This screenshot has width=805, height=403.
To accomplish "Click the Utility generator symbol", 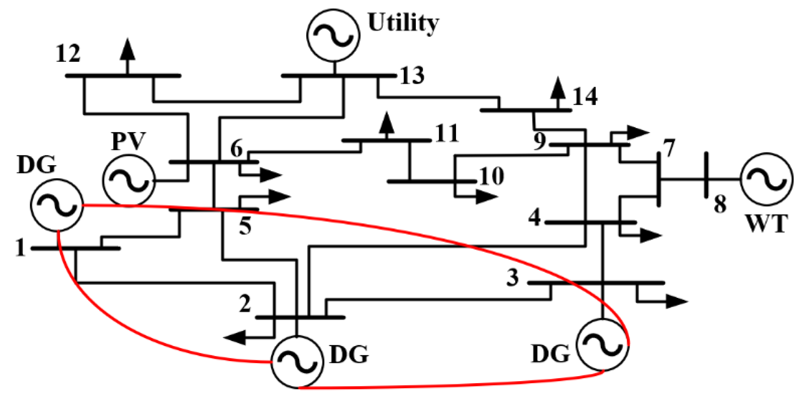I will pyautogui.click(x=333, y=35).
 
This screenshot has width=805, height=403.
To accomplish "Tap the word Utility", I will pyautogui.click(x=403, y=23).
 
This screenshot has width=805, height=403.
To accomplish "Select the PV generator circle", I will pyautogui.click(x=128, y=180).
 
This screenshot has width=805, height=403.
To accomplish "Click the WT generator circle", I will pyautogui.click(x=766, y=179).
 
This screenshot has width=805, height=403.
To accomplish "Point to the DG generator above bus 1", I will pyautogui.click(x=57, y=205).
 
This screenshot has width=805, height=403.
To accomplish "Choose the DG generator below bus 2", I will pyautogui.click(x=297, y=361).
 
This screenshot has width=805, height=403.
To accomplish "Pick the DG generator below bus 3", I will pyautogui.click(x=602, y=345).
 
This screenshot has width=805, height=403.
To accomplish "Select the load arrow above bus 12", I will pyautogui.click(x=127, y=51).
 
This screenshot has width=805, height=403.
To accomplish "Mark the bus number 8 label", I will pyautogui.click(x=720, y=204).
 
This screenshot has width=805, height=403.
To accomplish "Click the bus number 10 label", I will pyautogui.click(x=492, y=176).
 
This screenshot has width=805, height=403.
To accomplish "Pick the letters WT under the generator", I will pyautogui.click(x=766, y=223).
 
